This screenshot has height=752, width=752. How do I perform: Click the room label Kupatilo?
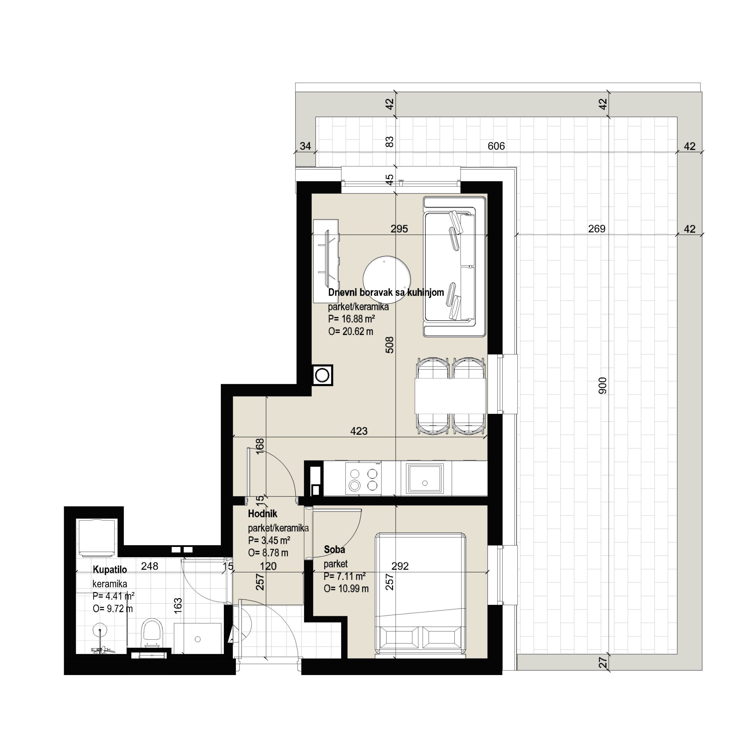coord(110,570)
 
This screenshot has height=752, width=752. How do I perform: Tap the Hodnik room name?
coord(263,514)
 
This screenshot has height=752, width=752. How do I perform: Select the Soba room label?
coord(334,550)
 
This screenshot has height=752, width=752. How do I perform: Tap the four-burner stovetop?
coord(363,479)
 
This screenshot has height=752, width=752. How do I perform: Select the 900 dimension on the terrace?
coord(602,385)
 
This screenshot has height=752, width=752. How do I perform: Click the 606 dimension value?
coord(496,146)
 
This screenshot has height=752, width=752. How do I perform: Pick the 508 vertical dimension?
coord(390,345)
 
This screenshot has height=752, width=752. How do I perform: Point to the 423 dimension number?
coord(359,431)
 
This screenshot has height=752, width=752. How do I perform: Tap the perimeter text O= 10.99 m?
coord(346,588)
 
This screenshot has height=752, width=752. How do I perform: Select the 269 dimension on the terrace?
coord(597,229)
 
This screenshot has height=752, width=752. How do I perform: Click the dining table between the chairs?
coord(451,396)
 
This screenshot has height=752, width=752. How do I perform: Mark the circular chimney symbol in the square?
coord(322,375)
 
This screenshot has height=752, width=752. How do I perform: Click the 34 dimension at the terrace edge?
coord(305,146)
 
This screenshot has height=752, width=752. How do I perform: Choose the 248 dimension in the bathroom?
coord(150,566)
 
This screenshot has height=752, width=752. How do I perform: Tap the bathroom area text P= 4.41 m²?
coord(114,596)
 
